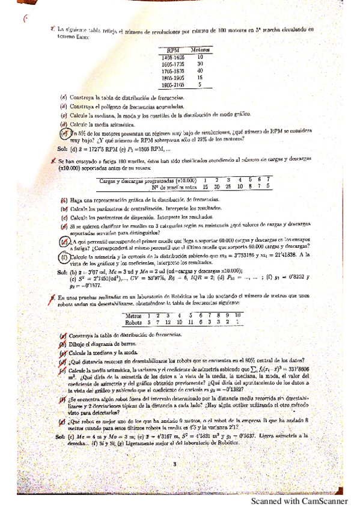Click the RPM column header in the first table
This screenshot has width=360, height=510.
174,51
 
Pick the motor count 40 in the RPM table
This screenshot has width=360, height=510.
200,70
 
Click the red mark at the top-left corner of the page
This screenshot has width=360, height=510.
26,19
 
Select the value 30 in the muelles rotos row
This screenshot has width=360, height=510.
217,187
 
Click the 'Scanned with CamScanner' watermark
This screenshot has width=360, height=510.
299,500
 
